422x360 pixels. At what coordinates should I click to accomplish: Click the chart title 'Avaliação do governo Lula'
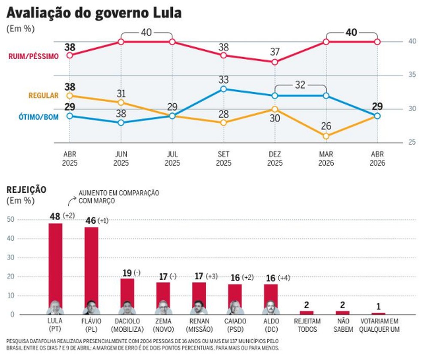point(94,12)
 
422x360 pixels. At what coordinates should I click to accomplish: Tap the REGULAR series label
point(43,96)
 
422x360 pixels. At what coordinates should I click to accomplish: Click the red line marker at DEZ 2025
point(274,62)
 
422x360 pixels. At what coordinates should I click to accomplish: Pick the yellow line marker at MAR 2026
point(326,136)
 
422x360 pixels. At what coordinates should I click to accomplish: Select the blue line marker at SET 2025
point(223,89)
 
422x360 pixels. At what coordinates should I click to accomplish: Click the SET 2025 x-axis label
point(223,158)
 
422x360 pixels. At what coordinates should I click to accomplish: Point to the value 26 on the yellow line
point(326,126)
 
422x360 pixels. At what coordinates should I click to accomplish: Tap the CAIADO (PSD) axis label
point(235,326)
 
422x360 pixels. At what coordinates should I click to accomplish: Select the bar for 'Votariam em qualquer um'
point(378,314)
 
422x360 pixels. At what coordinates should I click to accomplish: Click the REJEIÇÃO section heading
point(26,190)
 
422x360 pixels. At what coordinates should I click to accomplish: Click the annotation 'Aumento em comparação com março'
point(118,197)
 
